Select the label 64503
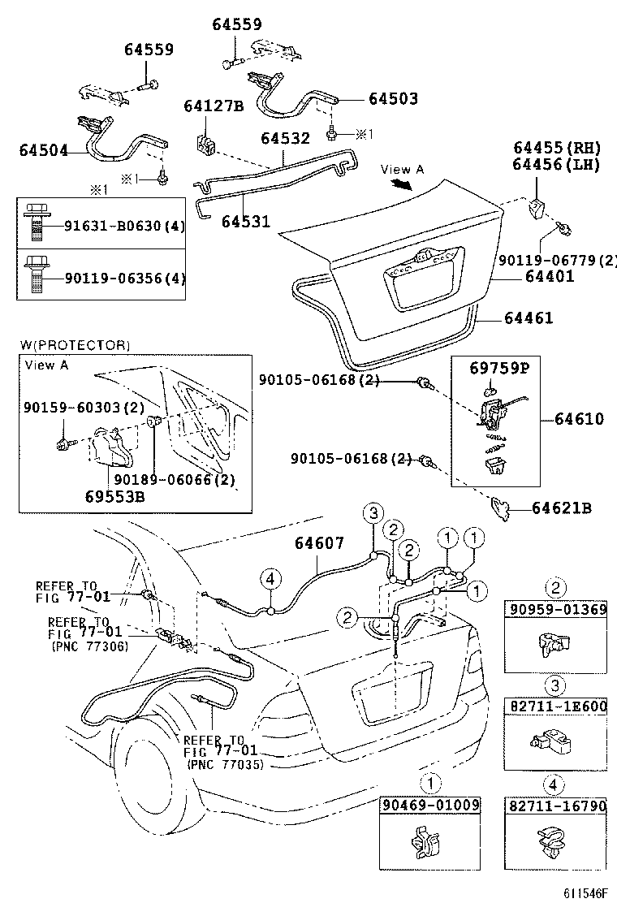[393, 98]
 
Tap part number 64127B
[214, 106]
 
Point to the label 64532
[285, 138]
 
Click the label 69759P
[498, 368]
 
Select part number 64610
[580, 419]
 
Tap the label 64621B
[561, 508]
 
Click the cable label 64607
[319, 543]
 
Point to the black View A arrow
[399, 184]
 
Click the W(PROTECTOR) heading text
[75, 346]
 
